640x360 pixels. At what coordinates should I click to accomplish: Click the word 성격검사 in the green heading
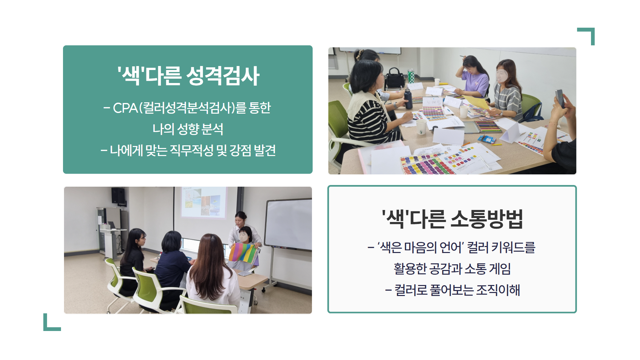point(223,76)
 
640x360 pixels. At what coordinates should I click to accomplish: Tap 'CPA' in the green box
point(125,108)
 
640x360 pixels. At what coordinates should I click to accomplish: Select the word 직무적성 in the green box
point(192,151)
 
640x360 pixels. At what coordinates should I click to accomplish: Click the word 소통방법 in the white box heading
point(487,219)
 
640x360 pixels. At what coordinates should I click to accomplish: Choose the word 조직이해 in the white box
point(498,290)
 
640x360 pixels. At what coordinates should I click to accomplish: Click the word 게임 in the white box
point(500,269)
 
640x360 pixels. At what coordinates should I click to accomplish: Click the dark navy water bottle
point(408,99)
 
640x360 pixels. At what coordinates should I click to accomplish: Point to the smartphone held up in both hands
point(560,98)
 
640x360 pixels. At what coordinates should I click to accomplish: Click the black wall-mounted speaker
point(118,195)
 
